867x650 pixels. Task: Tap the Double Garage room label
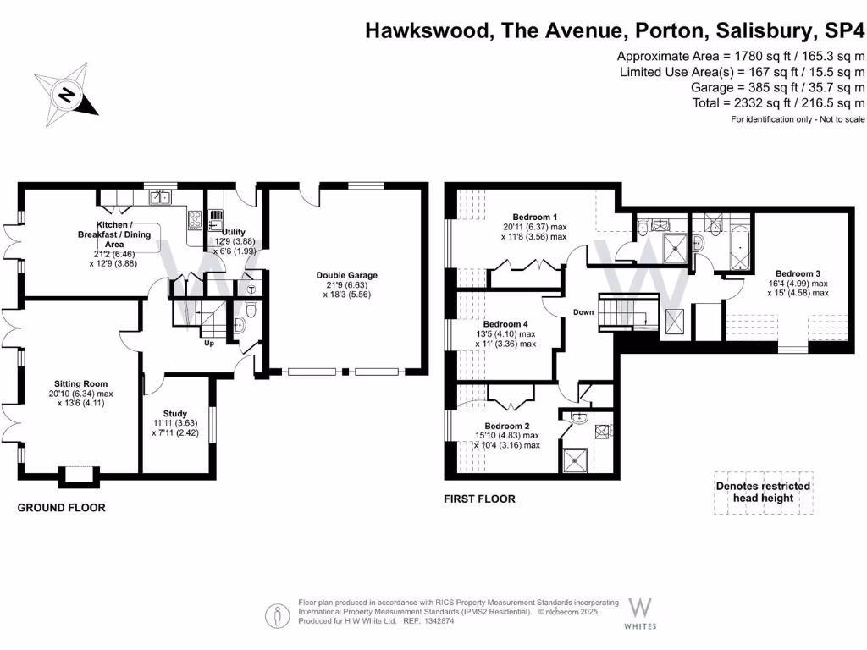click(347, 275)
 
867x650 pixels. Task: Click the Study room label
click(175, 414)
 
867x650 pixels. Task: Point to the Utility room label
click(233, 231)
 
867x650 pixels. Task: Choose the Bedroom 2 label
click(507, 426)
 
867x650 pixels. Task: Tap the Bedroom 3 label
click(798, 273)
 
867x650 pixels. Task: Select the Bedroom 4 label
click(505, 324)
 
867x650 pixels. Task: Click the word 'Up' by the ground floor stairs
click(207, 343)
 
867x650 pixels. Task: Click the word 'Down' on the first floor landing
click(583, 311)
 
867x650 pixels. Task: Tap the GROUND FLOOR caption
click(62, 508)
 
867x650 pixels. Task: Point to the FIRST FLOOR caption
click(479, 499)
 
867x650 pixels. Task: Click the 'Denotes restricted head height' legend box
click(763, 492)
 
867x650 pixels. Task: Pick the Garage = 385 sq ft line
click(777, 87)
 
